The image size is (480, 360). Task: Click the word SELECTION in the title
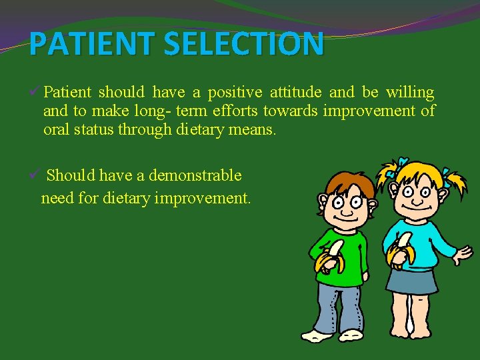(244, 45)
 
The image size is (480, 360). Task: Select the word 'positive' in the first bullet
(234, 92)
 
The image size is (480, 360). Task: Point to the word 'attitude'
(295, 92)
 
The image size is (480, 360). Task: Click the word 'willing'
(410, 92)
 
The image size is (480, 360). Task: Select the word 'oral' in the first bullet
(57, 129)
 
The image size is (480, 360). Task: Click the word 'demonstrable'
(195, 175)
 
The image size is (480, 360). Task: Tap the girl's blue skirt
(411, 280)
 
